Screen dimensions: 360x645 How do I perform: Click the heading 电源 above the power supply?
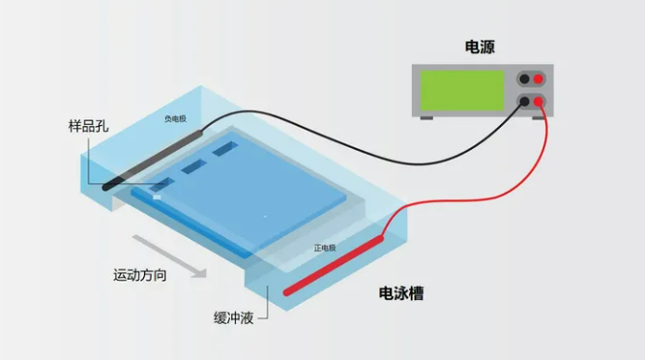pos(481,46)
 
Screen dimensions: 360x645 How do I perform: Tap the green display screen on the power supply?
pos(462,90)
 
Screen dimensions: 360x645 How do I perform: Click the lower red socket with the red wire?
pos(540,100)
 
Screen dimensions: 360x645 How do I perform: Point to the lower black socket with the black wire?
pos(524,100)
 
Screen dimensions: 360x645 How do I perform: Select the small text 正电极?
pos(325,249)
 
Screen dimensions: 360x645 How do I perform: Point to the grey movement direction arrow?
pos(170,255)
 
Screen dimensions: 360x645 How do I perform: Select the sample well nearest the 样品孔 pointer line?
pos(161,182)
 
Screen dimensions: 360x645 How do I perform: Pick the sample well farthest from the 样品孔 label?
pos(225,148)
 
